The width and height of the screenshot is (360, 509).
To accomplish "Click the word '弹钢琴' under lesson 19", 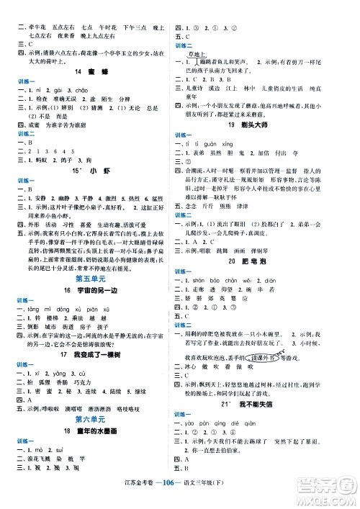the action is (256, 271).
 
